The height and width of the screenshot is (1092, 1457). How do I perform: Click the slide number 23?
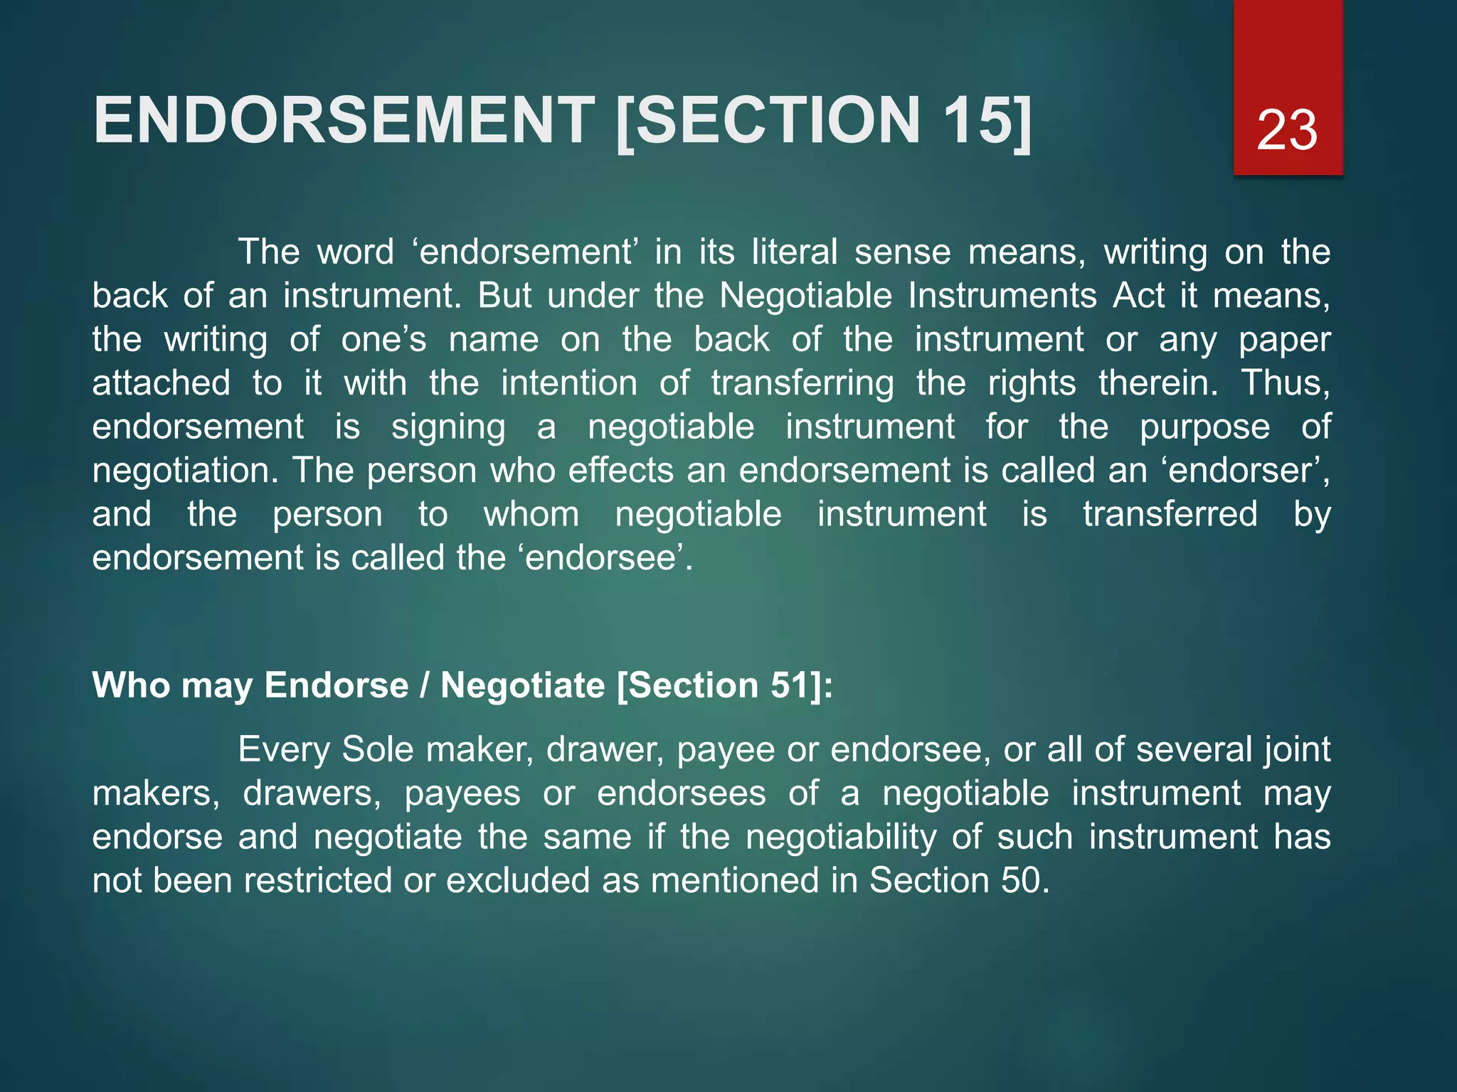click(1287, 129)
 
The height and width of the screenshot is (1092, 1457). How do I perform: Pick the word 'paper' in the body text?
click(1284, 341)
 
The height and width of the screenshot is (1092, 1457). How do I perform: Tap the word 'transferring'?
click(802, 384)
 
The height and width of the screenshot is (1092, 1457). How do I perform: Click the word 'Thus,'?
click(1286, 383)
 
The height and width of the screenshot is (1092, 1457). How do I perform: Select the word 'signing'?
click(448, 428)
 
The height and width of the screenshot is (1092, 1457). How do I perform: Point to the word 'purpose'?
click(1204, 428)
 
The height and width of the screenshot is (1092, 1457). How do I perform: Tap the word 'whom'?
click(531, 514)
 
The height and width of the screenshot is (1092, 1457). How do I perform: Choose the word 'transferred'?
click(1170, 514)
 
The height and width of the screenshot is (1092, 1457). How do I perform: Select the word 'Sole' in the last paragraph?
click(377, 749)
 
